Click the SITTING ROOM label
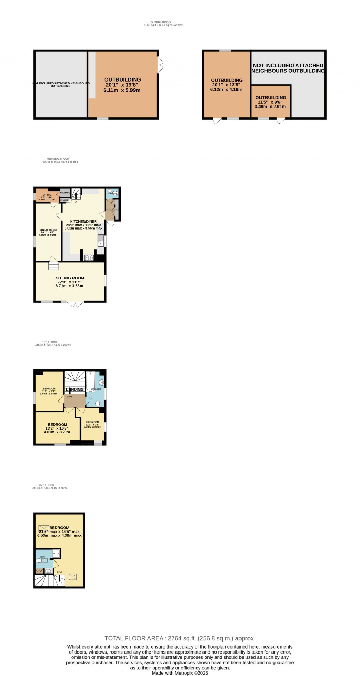coord(70,278)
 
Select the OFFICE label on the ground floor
coord(47,195)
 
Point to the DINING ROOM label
coord(48,230)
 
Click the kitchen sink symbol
coord(101,240)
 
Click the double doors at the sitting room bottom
coord(75,304)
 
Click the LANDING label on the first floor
coord(75,389)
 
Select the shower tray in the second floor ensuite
coord(56,553)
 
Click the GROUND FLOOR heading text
coord(58,159)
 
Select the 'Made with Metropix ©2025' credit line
coord(180,673)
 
